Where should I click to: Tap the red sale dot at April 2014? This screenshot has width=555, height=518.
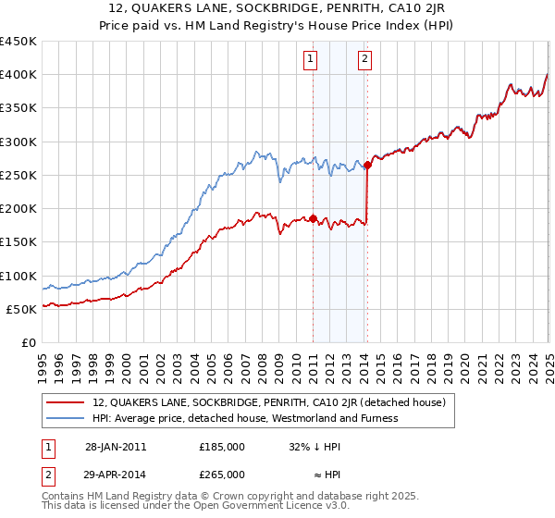pos(367,166)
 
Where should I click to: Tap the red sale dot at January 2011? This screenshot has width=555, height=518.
pos(313,219)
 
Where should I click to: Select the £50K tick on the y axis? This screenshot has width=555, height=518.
pos(21,309)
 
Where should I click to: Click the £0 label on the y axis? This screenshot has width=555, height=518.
pos(28,343)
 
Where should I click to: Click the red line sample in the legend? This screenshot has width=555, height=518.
pos(65,402)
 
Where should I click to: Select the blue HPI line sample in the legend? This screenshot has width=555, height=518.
pos(65,418)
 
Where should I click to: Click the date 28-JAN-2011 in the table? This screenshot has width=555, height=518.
pos(116,446)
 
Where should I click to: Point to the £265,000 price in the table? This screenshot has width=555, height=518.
pos(222,474)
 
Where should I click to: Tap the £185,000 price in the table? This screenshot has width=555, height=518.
pos(222,446)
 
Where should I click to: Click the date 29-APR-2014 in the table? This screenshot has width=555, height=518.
pos(116,474)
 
